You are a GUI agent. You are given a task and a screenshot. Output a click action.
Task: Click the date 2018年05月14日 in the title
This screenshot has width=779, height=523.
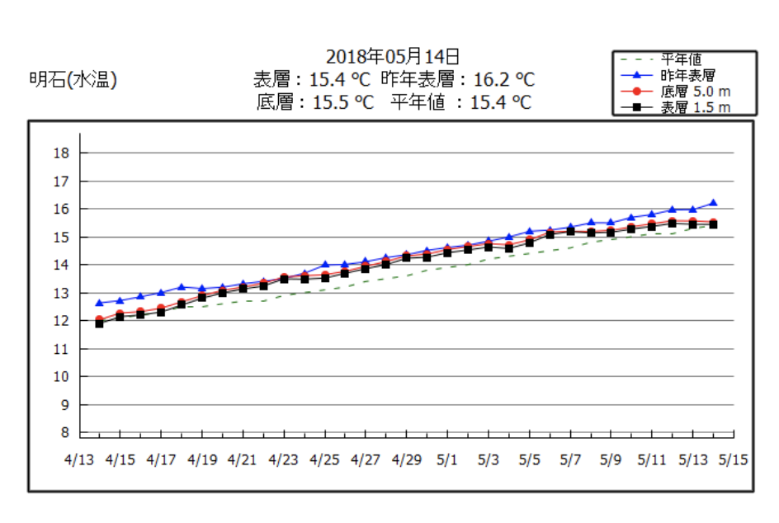pos(392,57)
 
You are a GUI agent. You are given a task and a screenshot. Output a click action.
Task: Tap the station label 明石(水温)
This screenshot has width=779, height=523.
pos(73,80)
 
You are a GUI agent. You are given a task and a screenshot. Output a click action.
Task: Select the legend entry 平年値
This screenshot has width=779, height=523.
pos(681,59)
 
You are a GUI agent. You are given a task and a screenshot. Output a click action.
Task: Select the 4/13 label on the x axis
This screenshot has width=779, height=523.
pos(79,459)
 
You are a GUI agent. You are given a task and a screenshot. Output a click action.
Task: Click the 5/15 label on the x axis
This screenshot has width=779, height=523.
pos(733,459)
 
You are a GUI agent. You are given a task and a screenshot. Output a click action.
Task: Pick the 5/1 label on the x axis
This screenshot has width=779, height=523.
pos(447,459)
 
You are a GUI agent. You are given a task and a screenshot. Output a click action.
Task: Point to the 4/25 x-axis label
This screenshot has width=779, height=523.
pos(324,459)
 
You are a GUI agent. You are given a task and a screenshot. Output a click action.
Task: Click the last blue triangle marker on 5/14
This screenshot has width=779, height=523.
pos(713,202)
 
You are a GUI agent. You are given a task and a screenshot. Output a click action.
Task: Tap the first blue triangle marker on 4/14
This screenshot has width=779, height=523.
pos(100,303)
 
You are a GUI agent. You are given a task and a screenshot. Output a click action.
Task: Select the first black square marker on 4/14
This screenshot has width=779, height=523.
pos(100,323)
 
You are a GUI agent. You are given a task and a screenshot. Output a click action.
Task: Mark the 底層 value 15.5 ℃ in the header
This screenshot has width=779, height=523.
pos(340,102)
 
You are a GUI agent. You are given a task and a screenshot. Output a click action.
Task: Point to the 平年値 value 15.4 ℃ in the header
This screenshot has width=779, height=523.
pos(500,102)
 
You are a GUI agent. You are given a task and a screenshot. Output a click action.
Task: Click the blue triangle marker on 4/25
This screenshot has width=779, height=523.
pos(325,265)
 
